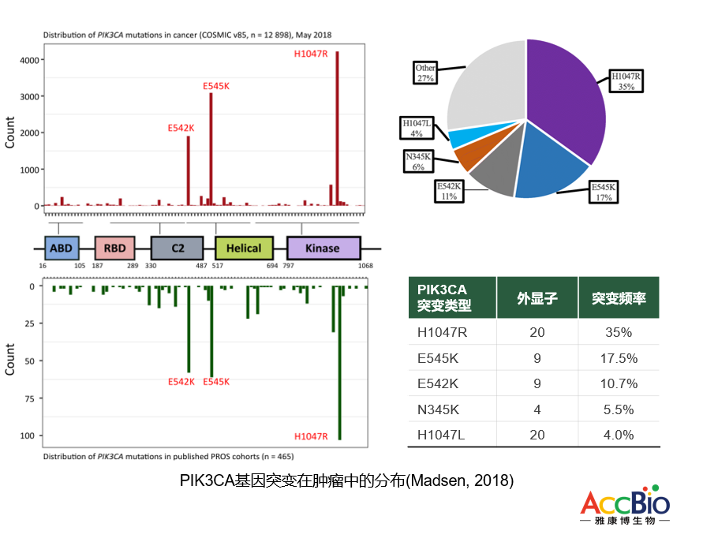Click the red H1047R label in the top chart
[x=310, y=54]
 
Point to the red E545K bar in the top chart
[x=211, y=150]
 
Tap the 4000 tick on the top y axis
[x=29, y=60]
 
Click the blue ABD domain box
[x=62, y=248]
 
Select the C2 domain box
[x=179, y=248]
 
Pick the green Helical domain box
[x=243, y=248]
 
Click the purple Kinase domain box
[x=323, y=248]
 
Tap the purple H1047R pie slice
[x=564, y=103]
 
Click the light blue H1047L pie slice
[x=463, y=136]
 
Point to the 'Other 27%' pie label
[x=425, y=73]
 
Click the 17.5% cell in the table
[x=619, y=357]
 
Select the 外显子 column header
[x=537, y=299]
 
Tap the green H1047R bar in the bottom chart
[x=339, y=363]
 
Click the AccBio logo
[x=625, y=508]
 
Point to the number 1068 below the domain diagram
[x=365, y=267]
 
